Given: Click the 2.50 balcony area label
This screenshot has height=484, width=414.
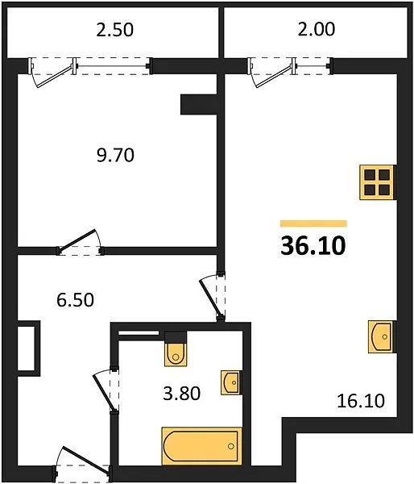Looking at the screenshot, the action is tap(114, 30).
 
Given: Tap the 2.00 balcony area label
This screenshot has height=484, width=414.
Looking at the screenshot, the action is tap(316, 29).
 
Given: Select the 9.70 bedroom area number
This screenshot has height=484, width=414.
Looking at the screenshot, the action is tap(115, 155).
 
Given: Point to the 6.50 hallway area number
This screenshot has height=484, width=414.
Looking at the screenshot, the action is tap(75, 300).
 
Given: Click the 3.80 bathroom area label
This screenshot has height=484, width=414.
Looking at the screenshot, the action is tap(181, 394).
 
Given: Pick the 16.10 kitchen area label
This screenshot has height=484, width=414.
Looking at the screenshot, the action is tap(361, 401).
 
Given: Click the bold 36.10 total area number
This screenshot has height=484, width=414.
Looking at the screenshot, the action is tap(313, 246).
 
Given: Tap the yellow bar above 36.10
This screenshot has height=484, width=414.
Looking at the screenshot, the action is tap(313, 223).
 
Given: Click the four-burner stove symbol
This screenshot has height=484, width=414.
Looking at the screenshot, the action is tap(377, 182).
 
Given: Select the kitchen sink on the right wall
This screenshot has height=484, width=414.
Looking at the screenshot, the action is tap(381, 336).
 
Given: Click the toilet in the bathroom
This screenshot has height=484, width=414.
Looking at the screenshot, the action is tap(176, 349).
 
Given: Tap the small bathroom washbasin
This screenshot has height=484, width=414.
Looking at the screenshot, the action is tap(230, 382).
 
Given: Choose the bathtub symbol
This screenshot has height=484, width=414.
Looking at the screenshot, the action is tap(201, 446).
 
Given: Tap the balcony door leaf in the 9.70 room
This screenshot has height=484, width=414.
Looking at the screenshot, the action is tap(55, 77).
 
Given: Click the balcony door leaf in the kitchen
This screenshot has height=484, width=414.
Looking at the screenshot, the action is tap(275, 77).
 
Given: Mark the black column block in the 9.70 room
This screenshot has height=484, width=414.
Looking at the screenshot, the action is tap(199, 105).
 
